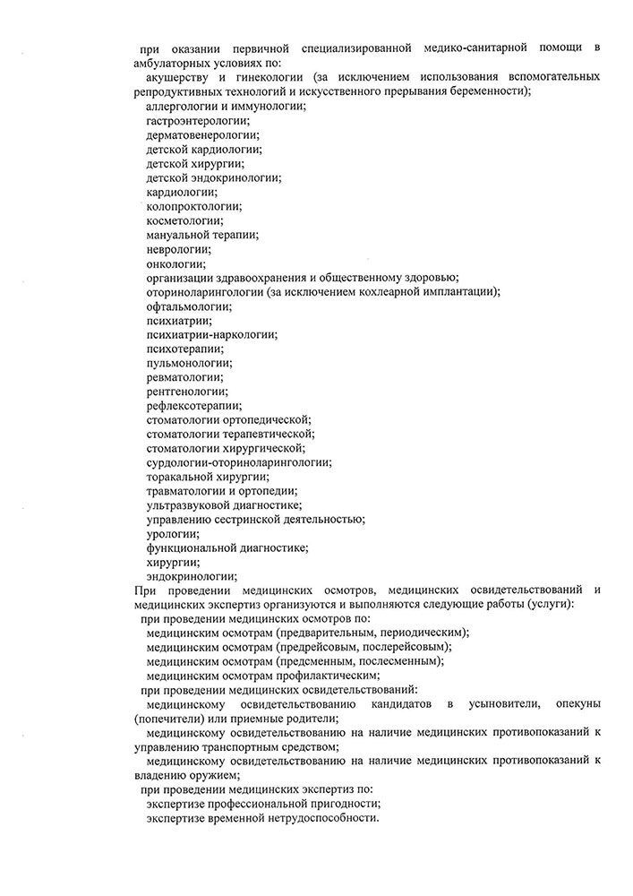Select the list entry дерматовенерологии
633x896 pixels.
click(199, 135)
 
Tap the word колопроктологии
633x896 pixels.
click(193, 206)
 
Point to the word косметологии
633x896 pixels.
click(184, 220)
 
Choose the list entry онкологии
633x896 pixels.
click(175, 263)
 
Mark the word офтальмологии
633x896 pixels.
click(188, 306)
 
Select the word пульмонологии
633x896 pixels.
click(188, 363)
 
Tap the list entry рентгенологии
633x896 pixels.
click(186, 392)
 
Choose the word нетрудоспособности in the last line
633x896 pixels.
click(321, 819)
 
